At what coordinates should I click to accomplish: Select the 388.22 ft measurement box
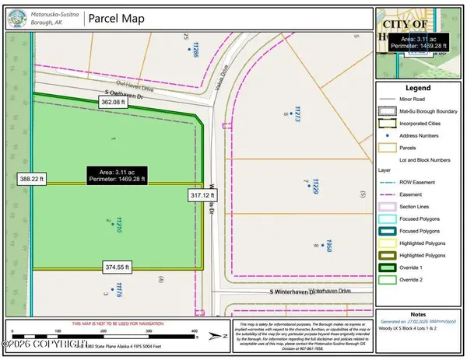30,178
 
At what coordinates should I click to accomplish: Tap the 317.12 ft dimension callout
202,196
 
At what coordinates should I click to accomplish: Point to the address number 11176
119,289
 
